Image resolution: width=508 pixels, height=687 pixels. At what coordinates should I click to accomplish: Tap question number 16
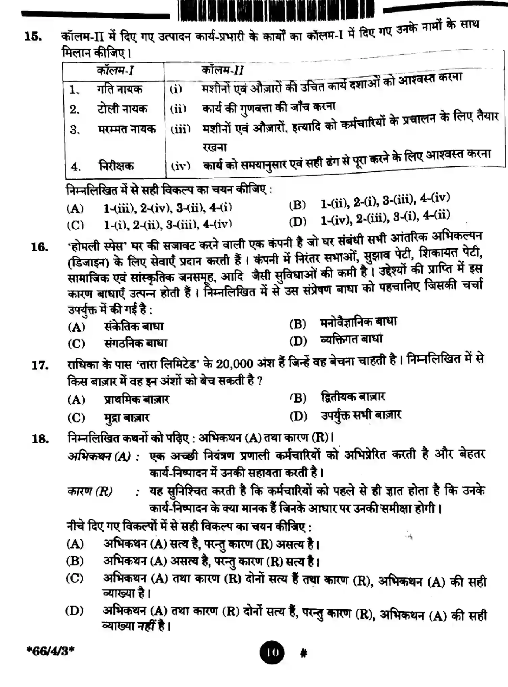tap(40, 248)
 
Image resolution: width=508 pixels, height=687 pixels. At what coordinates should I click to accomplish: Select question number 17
tap(40, 365)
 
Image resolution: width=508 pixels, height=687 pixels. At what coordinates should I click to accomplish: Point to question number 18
tap(40, 439)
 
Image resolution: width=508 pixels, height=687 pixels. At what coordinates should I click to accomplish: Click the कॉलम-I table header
tap(115, 70)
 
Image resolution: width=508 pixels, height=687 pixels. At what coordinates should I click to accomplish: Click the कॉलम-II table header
tap(222, 70)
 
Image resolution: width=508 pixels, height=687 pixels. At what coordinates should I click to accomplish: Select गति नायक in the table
tap(119, 89)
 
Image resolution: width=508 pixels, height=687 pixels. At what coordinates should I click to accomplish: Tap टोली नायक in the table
tap(122, 109)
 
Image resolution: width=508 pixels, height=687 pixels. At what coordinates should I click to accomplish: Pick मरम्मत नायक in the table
tap(127, 129)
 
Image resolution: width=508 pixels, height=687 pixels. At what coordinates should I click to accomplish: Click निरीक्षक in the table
tap(116, 166)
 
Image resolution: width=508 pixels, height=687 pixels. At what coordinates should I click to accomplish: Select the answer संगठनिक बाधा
tap(135, 343)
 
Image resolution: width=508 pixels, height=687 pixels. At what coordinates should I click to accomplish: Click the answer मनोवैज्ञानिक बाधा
tap(358, 322)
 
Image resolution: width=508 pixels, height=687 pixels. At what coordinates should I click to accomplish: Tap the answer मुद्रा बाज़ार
tap(126, 418)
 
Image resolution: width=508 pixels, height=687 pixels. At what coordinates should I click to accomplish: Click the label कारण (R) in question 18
tap(90, 491)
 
